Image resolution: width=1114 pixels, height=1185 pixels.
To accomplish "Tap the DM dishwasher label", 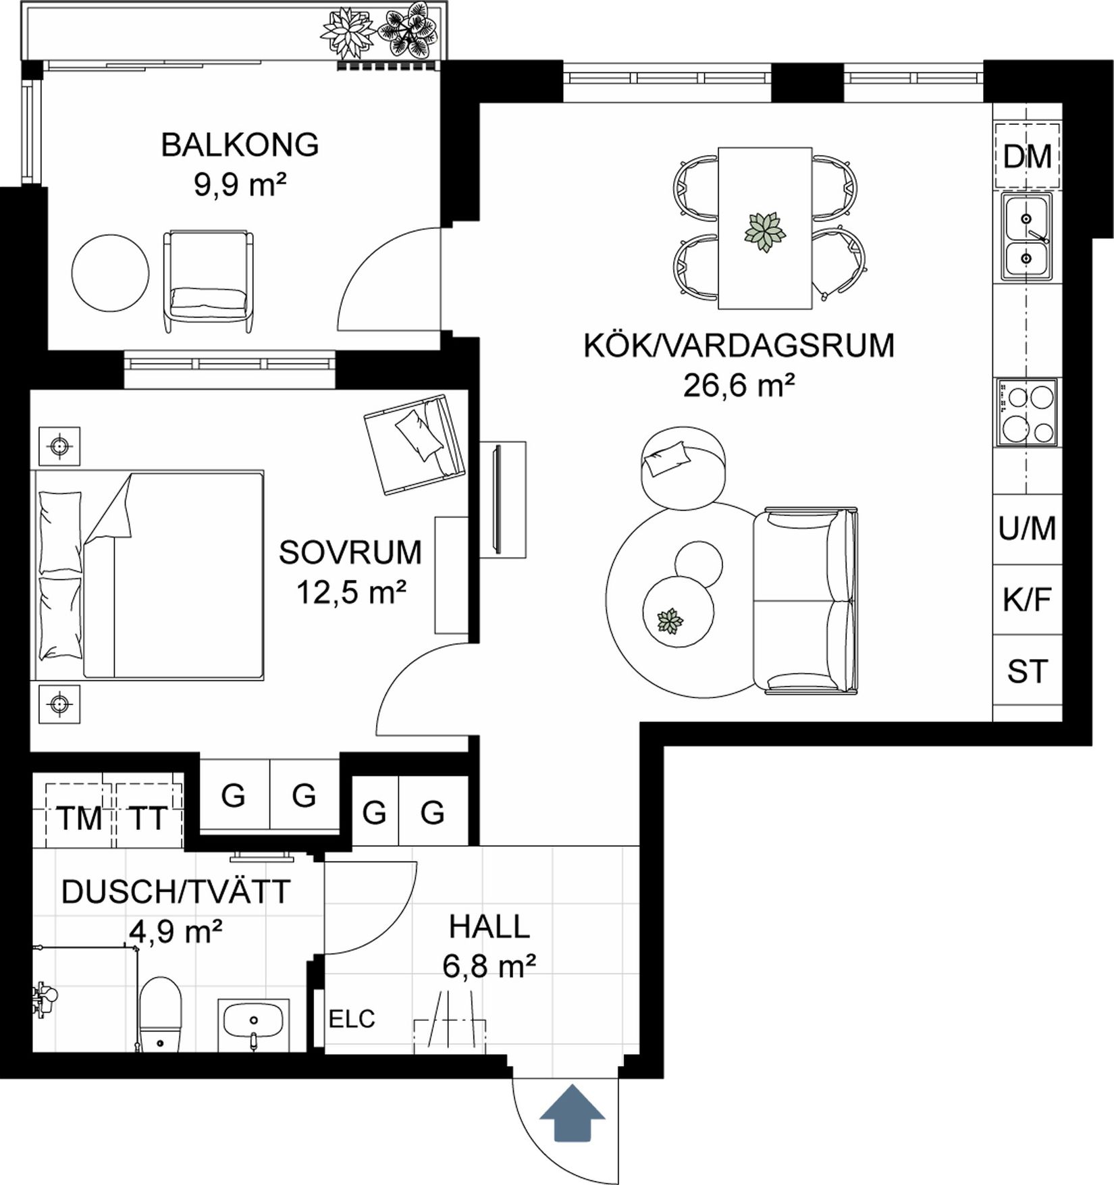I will click(1027, 157).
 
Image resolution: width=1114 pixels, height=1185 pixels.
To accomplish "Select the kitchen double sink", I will click(1026, 237).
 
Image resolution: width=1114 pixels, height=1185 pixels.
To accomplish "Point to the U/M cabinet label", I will click(1027, 529).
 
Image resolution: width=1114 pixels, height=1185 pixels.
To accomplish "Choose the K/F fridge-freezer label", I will click(1027, 600).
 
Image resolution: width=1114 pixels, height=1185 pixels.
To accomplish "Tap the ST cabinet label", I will click(1027, 672).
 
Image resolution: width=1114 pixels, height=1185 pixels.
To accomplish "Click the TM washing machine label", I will click(79, 819).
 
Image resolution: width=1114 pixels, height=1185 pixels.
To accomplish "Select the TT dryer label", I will click(147, 819).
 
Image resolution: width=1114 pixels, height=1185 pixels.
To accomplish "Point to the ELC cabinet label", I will click(351, 1019).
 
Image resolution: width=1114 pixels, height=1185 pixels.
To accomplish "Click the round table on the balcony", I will click(110, 273).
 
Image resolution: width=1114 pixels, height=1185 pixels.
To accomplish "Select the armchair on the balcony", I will click(208, 280).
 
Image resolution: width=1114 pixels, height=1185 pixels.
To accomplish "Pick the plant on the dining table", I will click(765, 232).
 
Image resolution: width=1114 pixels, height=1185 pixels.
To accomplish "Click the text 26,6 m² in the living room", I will click(739, 386).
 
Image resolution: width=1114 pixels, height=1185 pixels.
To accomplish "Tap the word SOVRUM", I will click(350, 552).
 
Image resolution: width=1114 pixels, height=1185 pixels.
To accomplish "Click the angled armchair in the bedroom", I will click(414, 444).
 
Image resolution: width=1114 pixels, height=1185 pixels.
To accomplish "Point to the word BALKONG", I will click(240, 145).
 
